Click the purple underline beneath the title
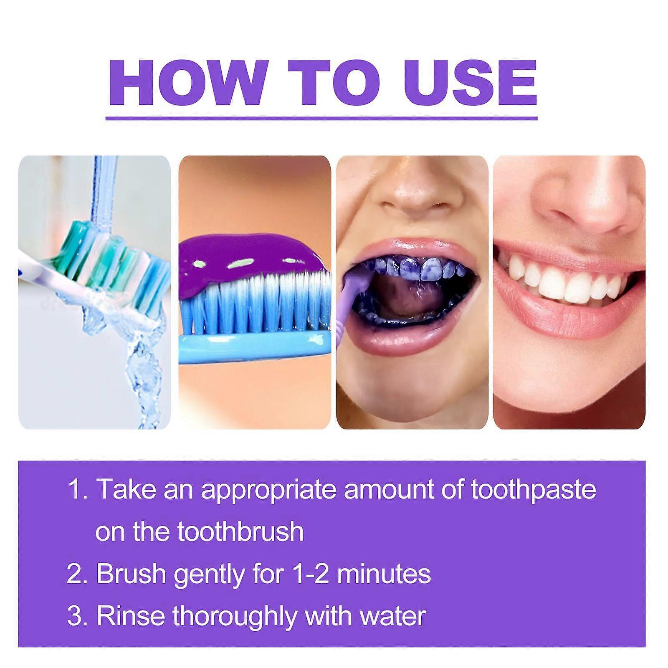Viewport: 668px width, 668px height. pos(321,119)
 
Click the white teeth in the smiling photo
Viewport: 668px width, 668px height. pos(559,284)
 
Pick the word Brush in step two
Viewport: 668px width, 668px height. pos(131,574)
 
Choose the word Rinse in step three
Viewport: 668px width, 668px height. pos(130,616)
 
